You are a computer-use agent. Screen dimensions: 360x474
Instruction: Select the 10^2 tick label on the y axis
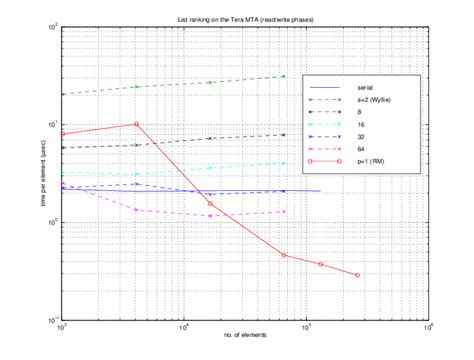pos(52,25)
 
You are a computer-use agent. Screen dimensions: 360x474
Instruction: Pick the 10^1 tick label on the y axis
pos(52,124)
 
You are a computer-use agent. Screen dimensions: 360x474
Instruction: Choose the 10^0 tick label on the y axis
pos(52,222)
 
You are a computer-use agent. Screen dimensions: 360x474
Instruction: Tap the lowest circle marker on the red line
pos(357,275)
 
